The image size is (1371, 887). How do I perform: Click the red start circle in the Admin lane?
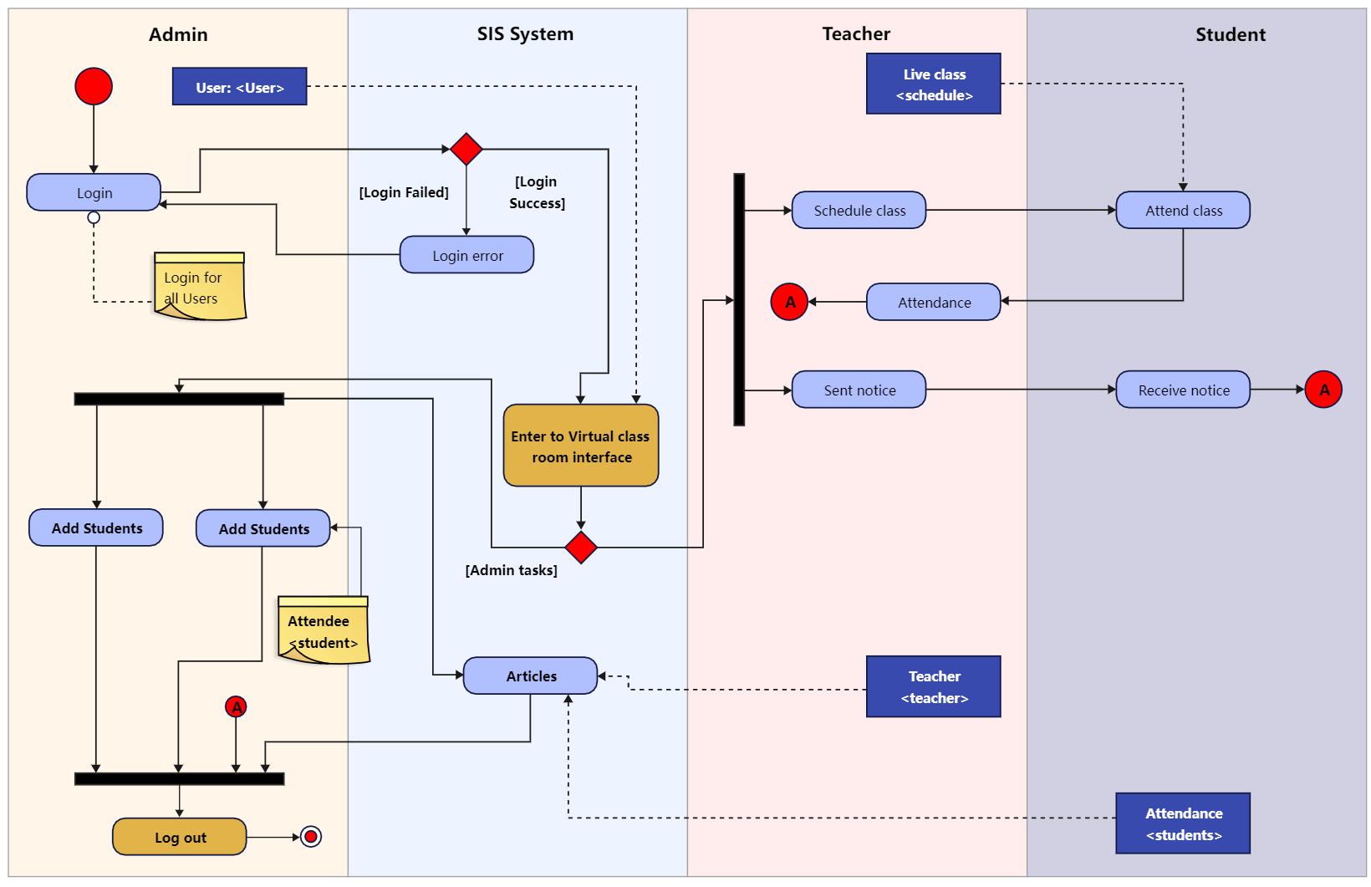94,86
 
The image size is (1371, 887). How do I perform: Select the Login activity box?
94,192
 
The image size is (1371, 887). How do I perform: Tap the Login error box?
466,255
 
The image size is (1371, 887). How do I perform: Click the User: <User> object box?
240,87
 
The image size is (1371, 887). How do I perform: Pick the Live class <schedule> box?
934,84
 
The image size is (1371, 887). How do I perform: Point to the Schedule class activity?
859,210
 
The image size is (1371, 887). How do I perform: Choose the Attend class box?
1183,210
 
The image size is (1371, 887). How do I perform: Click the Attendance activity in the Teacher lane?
934,302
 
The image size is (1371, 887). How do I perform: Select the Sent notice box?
859,390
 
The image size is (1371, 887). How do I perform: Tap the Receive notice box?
1183,390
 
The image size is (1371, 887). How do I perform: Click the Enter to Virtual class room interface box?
581,446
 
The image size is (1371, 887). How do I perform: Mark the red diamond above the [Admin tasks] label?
581,548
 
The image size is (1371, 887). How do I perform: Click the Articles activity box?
531,675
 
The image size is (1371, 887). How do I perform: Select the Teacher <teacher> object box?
934,686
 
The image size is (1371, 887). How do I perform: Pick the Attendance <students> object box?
1183,823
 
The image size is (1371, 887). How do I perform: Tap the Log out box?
180,837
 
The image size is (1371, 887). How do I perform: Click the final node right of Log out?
311,836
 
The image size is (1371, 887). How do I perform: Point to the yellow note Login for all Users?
200,287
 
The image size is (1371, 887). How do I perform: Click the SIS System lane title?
525,34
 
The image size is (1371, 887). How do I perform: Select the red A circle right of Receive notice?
1323,390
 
